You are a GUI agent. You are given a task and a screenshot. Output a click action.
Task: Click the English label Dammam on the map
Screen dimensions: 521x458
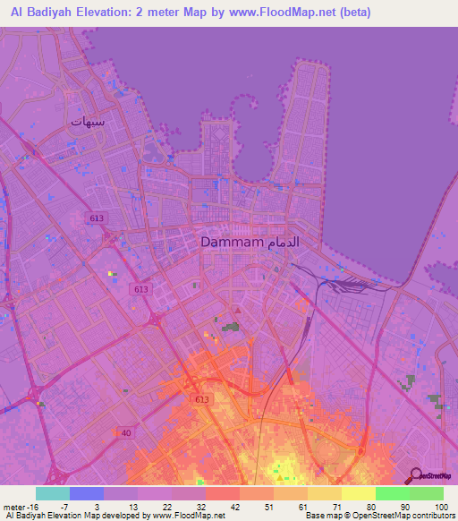(x=231, y=243)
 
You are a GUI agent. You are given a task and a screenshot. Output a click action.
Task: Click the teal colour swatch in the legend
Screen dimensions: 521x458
(x=53, y=493)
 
